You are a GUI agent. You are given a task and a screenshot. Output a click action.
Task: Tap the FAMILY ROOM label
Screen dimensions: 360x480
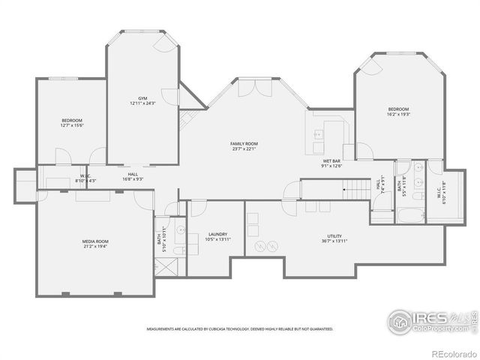point(244,143)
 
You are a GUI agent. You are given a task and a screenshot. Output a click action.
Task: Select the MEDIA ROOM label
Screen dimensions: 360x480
point(95,241)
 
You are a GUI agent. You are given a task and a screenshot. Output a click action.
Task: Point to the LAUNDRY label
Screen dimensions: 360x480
point(218,235)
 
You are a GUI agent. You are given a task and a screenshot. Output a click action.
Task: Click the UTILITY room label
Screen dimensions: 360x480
point(334,235)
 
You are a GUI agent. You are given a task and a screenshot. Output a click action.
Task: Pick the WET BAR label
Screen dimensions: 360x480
point(332,161)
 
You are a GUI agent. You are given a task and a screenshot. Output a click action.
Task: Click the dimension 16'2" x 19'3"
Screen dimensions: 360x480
point(398,114)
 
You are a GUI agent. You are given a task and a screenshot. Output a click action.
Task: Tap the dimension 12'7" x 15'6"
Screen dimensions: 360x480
point(72,125)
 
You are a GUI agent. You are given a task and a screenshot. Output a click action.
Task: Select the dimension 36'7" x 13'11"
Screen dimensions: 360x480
point(334,241)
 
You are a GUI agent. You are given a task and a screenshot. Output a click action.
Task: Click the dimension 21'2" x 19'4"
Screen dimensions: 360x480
point(95,245)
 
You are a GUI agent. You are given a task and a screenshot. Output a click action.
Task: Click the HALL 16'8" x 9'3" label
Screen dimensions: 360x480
point(133,177)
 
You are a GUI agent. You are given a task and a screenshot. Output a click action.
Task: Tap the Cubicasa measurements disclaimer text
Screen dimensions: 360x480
point(240,328)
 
